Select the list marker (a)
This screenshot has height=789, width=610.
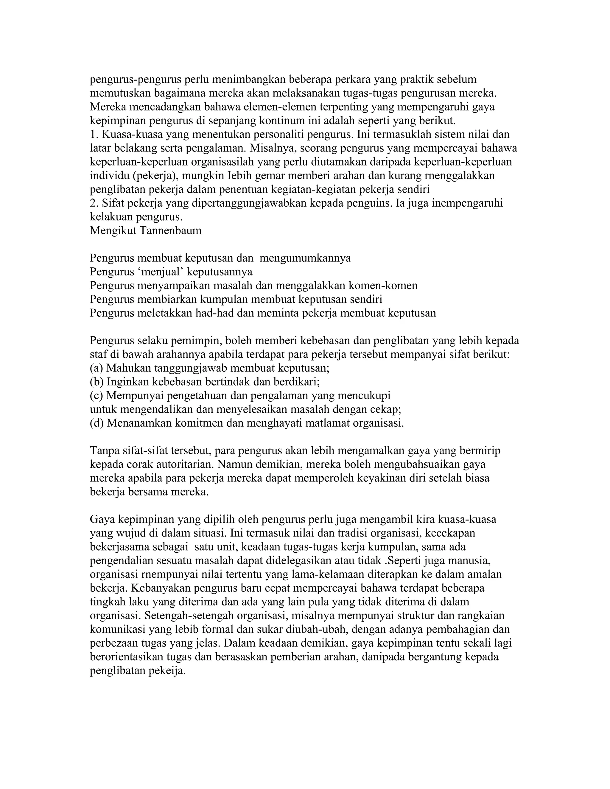(x=97, y=368)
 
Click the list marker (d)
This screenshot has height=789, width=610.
(x=97, y=423)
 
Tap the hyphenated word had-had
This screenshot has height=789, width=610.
(x=215, y=313)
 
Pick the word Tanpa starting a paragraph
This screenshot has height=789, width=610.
(x=103, y=450)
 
